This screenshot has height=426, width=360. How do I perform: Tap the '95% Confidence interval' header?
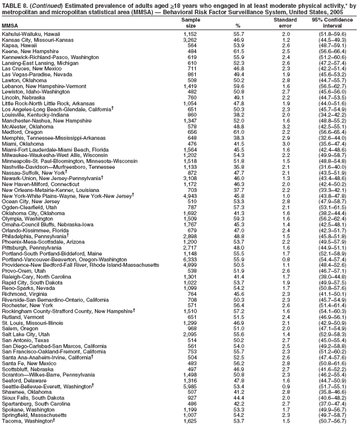click(x=332, y=23)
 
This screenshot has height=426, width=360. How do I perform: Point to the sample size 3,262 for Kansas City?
click(x=190, y=41)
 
